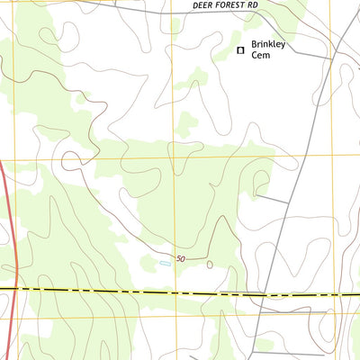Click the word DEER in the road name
pos(203,5)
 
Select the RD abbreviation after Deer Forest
pos(253,5)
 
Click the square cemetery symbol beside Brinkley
pos(240,50)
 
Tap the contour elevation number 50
pos(181,259)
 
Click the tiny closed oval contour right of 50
pos(210,265)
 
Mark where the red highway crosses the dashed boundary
pos(15,288)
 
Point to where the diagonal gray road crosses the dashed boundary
pos(261,294)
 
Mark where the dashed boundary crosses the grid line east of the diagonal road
pos(339,295)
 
